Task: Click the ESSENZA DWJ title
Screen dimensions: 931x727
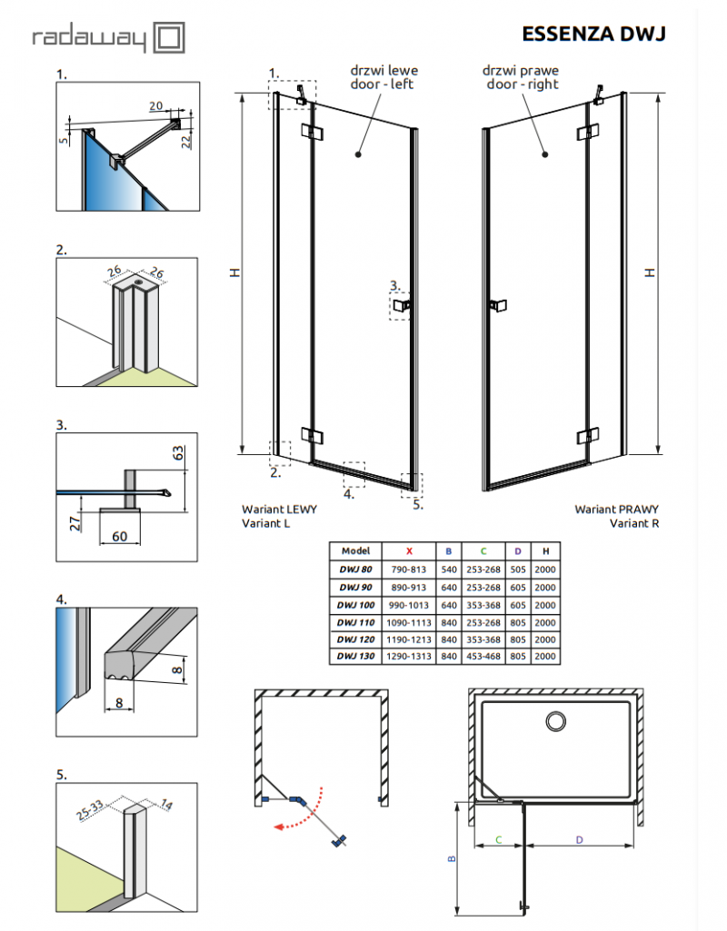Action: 593,34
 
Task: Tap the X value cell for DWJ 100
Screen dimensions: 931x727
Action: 409,604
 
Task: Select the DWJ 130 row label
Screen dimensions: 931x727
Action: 355,655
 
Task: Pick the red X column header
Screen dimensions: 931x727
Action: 409,551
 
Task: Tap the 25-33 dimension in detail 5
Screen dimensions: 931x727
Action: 89,807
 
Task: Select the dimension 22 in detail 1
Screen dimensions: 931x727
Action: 184,136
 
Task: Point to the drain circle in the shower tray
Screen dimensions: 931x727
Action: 554,721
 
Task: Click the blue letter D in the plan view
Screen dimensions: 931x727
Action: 579,840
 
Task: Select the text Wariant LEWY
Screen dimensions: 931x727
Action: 279,510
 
